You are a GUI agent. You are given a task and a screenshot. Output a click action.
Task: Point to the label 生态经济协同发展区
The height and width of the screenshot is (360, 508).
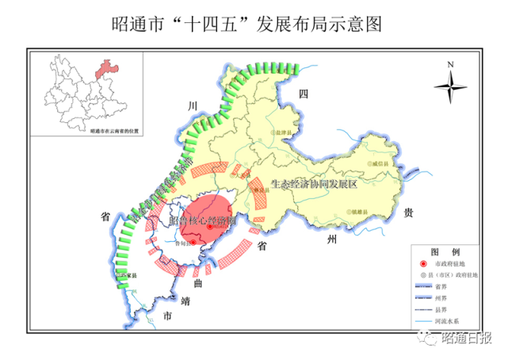point(315,183)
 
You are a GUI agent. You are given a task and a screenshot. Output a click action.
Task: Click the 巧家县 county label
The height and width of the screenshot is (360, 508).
point(128,275)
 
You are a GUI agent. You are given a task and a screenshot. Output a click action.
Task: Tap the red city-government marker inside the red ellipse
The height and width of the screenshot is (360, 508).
point(210,227)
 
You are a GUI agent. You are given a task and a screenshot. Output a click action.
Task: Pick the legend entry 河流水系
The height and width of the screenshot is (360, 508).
point(449,321)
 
